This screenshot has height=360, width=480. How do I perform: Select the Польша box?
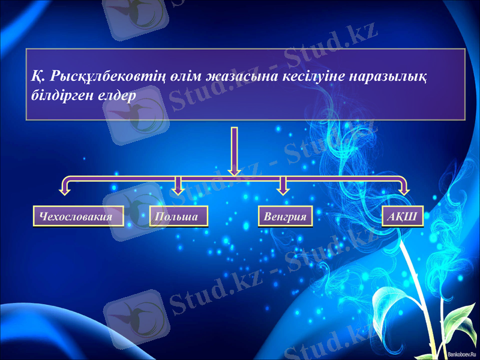click(x=178, y=217)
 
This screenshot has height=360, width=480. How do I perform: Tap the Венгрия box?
click(x=286, y=217)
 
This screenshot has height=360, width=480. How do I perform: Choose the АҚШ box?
click(x=402, y=217)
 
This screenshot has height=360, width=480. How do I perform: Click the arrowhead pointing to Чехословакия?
click(x=64, y=191)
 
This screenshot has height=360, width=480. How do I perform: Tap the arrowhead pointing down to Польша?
click(x=178, y=190)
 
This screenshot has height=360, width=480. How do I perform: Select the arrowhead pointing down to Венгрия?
click(x=283, y=190)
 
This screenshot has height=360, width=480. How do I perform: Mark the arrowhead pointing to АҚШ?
click(x=405, y=191)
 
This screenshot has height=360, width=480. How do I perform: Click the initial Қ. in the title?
click(x=37, y=77)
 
